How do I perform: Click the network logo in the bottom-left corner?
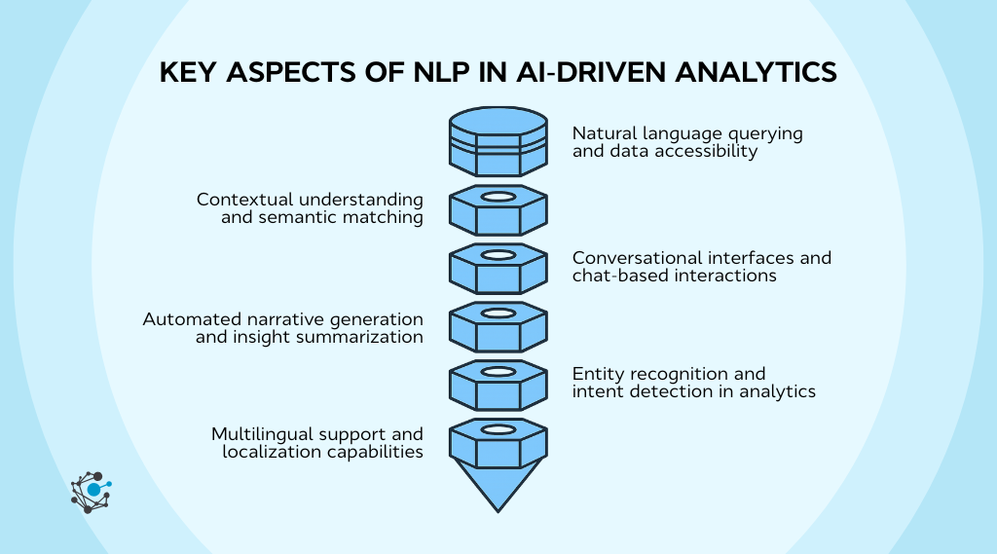coord(91,491)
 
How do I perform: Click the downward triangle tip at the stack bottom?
coord(498,486)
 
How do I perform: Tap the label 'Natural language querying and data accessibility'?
coord(686,142)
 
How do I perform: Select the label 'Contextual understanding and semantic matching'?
coord(310,208)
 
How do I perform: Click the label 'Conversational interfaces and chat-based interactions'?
coord(701,267)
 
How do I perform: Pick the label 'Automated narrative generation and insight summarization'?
coord(282,328)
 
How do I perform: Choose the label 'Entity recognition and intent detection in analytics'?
coord(693,383)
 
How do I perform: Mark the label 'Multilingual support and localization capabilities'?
coord(316,442)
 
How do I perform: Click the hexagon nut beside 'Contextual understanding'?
coord(498,209)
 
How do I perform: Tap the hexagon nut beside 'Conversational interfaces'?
coord(498,268)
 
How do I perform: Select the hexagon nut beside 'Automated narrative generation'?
coord(498,326)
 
